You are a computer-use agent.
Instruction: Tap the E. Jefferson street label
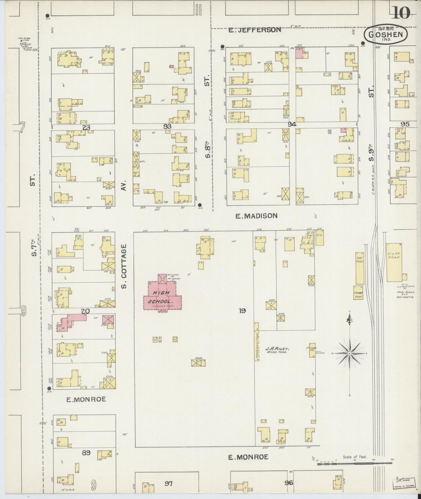click(x=255, y=30)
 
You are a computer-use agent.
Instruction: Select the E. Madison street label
click(x=256, y=216)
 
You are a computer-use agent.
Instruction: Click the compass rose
click(x=349, y=353)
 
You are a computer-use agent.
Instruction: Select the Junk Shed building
click(x=394, y=262)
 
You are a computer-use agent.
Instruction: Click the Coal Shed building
click(x=360, y=268)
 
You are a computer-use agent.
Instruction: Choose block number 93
click(x=167, y=127)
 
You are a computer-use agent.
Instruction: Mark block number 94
click(x=292, y=124)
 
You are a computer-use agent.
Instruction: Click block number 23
click(x=86, y=127)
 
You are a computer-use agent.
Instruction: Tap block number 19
click(x=242, y=311)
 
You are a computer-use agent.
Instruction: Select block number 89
click(x=86, y=452)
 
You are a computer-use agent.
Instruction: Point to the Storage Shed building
click(x=358, y=294)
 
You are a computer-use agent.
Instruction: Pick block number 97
click(x=168, y=484)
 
